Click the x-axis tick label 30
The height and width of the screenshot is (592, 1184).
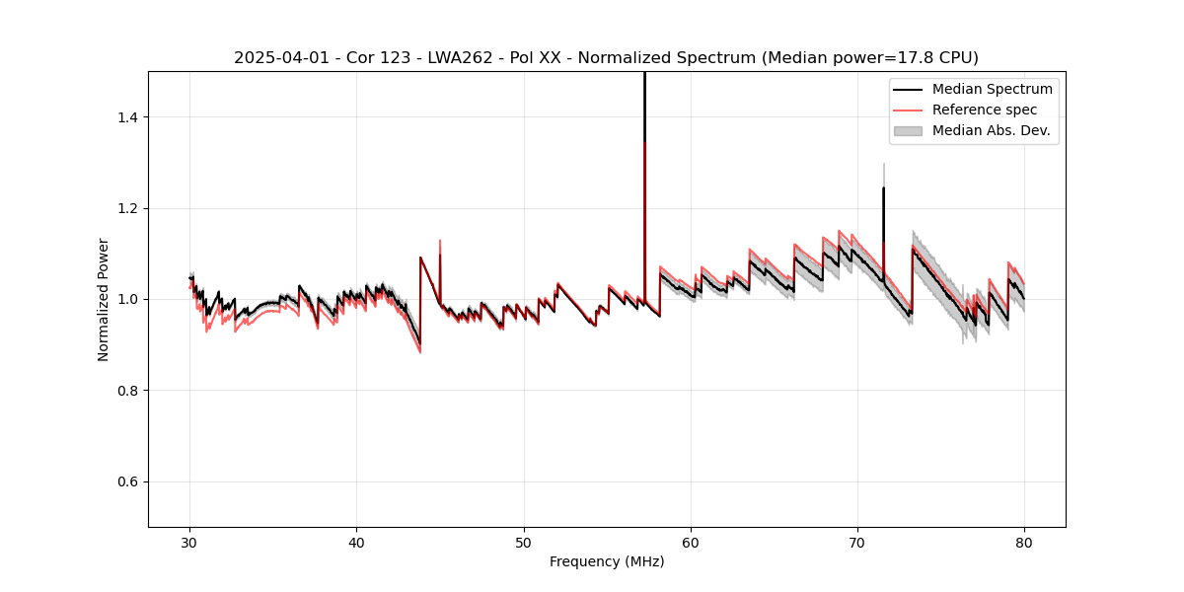click(190, 542)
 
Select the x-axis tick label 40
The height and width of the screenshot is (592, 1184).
click(357, 542)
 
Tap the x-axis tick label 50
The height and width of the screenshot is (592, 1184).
click(524, 542)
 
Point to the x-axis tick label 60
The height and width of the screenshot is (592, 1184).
click(691, 542)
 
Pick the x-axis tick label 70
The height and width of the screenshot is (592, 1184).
click(857, 542)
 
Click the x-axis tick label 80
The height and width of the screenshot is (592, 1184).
click(1024, 542)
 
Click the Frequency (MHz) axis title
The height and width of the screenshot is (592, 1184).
click(607, 561)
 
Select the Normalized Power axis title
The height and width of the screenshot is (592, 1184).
click(104, 299)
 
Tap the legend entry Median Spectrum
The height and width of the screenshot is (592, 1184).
click(992, 89)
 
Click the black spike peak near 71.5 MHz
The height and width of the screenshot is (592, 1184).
click(883, 188)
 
